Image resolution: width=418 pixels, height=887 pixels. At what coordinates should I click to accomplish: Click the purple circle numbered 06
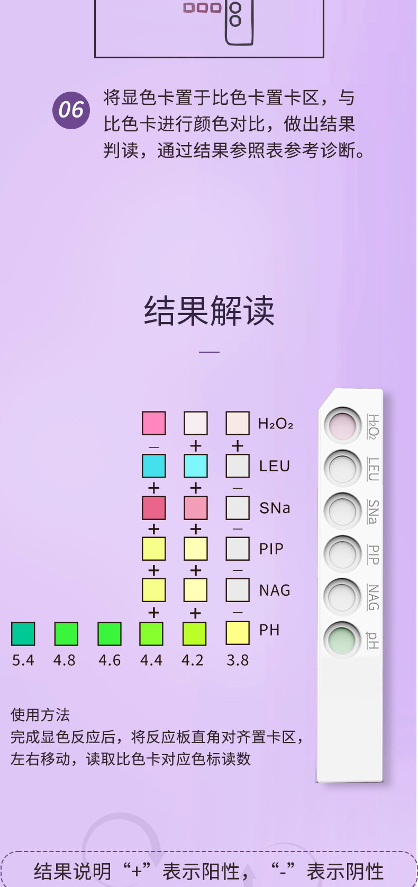[x=71, y=110]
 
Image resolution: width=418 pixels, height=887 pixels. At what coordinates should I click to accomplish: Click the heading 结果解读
[x=210, y=311]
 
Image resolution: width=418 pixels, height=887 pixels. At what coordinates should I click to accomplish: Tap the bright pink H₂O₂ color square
[x=154, y=423]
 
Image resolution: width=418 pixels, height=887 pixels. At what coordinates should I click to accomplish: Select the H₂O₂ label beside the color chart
[x=275, y=424]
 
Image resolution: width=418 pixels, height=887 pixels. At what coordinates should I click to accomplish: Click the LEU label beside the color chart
[x=275, y=466]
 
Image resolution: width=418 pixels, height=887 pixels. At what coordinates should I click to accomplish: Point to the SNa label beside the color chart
[x=275, y=508]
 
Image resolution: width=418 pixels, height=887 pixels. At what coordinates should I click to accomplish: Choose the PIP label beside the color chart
[x=271, y=549]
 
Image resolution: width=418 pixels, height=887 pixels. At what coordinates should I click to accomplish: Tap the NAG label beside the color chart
[x=275, y=590]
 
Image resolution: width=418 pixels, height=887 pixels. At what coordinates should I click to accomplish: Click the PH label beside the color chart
[x=269, y=630]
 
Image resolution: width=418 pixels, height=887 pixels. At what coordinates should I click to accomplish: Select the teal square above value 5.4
[x=23, y=634]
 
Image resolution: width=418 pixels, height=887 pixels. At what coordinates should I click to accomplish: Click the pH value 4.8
[x=65, y=660]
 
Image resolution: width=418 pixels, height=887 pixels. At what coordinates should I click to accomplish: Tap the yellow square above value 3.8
[x=238, y=633]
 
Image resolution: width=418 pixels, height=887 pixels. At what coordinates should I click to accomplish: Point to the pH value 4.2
[x=193, y=660]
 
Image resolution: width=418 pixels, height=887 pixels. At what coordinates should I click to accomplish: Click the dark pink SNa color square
[x=154, y=508]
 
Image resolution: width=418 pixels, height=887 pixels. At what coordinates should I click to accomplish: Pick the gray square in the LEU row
[x=238, y=466]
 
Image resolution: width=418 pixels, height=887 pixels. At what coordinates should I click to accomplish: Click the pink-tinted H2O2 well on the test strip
[x=342, y=425]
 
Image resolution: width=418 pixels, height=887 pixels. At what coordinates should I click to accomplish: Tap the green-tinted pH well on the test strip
[x=342, y=639]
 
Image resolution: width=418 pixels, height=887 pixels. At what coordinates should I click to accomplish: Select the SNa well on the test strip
[x=342, y=511]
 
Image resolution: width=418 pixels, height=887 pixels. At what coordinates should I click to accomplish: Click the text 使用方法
[x=40, y=715]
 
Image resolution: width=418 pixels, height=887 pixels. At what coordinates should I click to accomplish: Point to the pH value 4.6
[x=110, y=660]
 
